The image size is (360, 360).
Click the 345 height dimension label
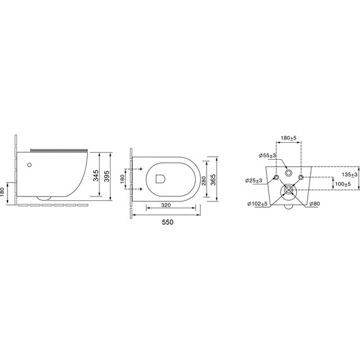tap(96, 176)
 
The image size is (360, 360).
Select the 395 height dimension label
tap(107, 176)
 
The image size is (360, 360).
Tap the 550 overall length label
tap(168, 222)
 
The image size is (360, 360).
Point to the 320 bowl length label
tap(165, 205)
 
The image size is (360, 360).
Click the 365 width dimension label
tap(213, 180)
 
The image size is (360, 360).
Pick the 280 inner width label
tap(203, 180)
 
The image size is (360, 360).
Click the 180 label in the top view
tap(122, 179)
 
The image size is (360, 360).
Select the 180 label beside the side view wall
tap(3, 192)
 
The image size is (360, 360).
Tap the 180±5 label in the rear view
tap(289, 138)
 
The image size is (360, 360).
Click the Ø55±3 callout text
tap(268, 155)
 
